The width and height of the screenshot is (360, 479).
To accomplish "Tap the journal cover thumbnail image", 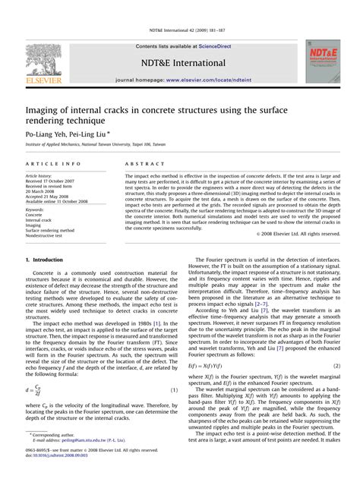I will (x=323, y=61).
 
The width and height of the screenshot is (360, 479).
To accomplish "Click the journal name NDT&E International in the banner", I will (x=179, y=62).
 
